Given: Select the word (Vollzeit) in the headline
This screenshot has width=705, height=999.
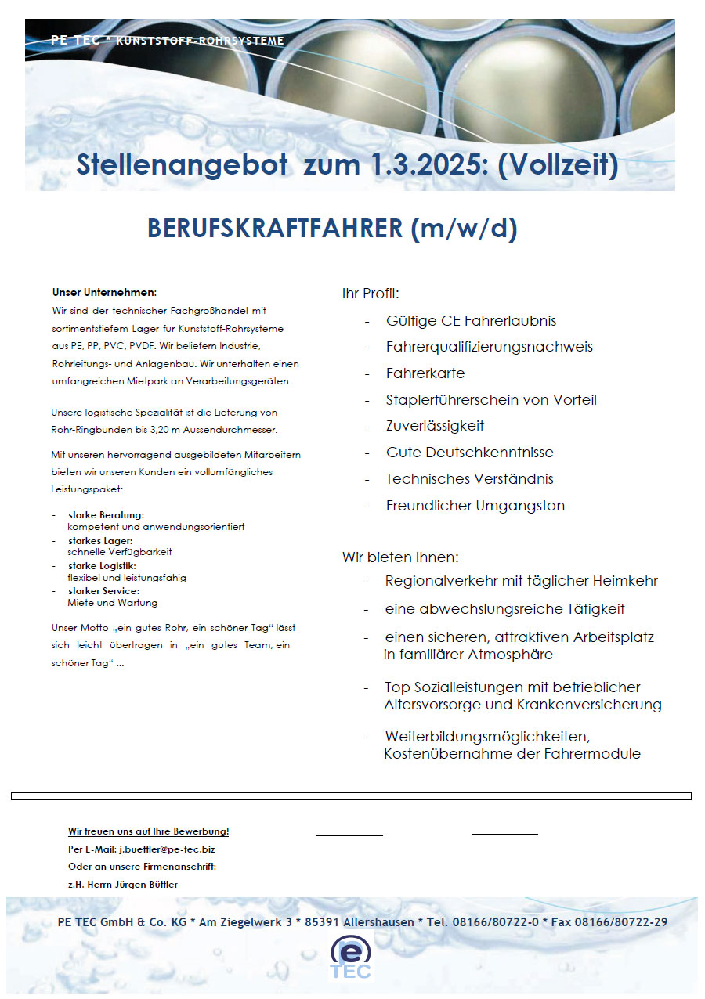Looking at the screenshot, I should (x=559, y=165).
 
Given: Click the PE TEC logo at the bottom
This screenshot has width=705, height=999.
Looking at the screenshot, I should (x=352, y=957).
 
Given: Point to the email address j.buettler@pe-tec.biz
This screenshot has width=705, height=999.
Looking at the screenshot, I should (x=167, y=849).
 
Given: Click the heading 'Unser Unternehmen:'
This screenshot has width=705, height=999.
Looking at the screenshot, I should (x=104, y=292).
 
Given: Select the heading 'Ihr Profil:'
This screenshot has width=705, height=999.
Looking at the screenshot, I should (x=371, y=294).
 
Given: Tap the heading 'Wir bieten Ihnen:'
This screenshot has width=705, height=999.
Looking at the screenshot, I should (x=399, y=557).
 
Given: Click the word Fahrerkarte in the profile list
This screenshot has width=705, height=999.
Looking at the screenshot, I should (x=425, y=373).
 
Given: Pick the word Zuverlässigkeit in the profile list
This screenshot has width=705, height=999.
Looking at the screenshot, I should (x=435, y=426).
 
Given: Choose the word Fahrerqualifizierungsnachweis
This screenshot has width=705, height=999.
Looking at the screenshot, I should (x=489, y=347).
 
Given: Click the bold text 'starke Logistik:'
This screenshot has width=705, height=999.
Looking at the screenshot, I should (x=102, y=565).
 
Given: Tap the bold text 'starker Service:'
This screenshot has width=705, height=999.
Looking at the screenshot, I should (x=103, y=590).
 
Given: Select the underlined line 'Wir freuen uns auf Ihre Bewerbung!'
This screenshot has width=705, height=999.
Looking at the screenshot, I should (x=149, y=831).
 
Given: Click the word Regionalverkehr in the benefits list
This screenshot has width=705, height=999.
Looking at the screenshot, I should (x=437, y=581).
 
